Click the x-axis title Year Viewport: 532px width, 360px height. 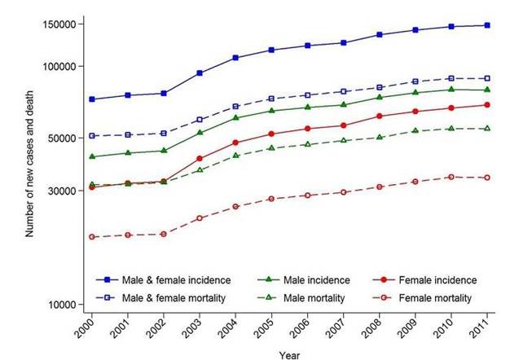point(289,354)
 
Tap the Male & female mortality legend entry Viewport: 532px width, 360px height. point(171,298)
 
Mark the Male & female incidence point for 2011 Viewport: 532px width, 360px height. point(487,25)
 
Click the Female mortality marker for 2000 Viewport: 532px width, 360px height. point(92,237)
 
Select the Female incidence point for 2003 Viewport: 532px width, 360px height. point(200,158)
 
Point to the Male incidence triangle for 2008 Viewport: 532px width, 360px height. point(380,98)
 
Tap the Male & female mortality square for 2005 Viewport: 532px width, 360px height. point(271,99)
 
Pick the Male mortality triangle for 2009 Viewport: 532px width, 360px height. point(415,130)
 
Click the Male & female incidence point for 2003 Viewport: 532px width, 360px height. point(200,73)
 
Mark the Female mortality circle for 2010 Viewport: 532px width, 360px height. point(451,177)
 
